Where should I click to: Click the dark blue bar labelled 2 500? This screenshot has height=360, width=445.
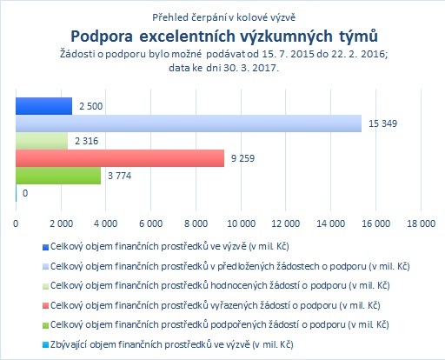[x=43, y=106]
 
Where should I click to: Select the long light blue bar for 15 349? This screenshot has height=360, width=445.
[x=189, y=123]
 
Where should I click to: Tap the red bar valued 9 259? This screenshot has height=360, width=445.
[x=120, y=158]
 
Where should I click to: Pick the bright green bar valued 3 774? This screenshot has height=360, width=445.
[x=58, y=176]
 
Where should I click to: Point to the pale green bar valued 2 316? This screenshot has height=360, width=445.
[x=42, y=141]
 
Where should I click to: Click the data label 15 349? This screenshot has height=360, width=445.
[x=382, y=123]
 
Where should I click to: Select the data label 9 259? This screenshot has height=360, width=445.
[x=242, y=158]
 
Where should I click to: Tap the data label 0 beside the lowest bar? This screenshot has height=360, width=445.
[x=25, y=193]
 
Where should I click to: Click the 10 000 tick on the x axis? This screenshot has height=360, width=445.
[x=241, y=223]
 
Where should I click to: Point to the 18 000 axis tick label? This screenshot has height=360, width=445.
[x=422, y=223]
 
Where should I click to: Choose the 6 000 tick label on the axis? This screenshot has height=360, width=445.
[x=151, y=223]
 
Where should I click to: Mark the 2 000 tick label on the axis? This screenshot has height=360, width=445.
[x=61, y=223]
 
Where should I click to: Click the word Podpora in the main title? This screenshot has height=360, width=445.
[x=102, y=37]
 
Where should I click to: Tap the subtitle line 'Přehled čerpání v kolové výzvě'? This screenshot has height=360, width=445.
[x=224, y=17]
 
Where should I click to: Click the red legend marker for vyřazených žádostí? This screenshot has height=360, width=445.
[x=45, y=305]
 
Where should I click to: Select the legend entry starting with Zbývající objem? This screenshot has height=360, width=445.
[x=172, y=344]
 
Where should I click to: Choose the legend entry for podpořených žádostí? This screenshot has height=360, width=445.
[x=220, y=324]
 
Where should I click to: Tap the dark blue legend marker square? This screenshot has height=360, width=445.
[x=45, y=247]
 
